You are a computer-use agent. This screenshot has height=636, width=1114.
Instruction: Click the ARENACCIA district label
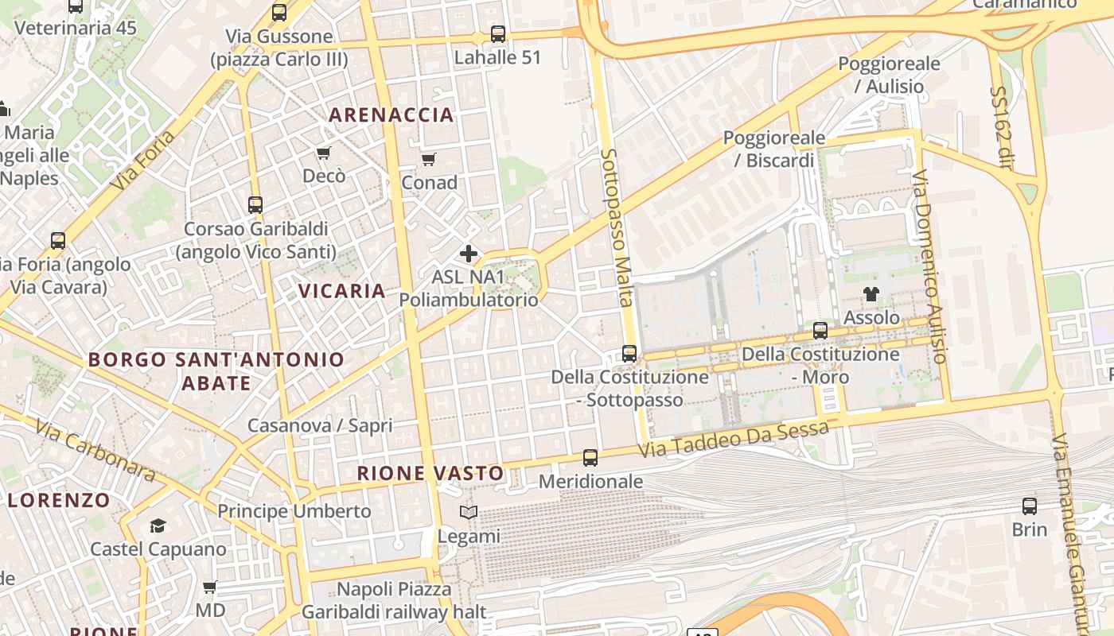391,114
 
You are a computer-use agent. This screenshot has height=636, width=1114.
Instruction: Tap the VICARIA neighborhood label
342,291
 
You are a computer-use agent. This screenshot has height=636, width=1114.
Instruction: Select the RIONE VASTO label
430,473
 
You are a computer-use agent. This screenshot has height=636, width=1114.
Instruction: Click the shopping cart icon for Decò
323,153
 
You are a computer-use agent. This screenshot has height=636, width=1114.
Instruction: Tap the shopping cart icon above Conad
429,159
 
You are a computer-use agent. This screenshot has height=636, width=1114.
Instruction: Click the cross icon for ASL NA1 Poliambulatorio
469,254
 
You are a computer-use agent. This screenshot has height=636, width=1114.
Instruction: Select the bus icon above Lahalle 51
498,34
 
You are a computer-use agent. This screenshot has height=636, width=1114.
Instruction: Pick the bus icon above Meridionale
590,458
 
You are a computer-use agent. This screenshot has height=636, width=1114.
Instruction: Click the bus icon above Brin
1029,506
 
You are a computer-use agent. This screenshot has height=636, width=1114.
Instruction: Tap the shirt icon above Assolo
871,294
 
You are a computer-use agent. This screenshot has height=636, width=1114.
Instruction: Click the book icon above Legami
469,513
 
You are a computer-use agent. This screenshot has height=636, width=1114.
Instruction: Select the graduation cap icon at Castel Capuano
158,525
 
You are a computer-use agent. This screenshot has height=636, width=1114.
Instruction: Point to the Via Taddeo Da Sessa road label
734,440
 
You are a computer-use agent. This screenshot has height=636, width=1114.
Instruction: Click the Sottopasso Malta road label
617,227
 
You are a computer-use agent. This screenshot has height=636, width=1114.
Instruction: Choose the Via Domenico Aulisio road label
929,266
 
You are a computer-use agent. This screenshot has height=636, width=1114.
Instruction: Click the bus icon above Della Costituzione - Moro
820,331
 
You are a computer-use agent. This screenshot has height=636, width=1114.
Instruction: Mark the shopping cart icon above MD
210,588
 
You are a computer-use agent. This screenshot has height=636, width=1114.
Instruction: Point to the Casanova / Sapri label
320,425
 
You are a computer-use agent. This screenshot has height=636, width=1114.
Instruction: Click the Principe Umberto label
294,511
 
